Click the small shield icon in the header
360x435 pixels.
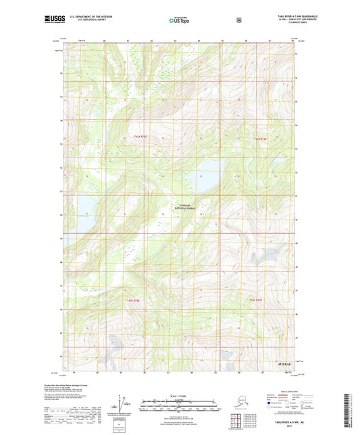pyautogui.click(x=238, y=20)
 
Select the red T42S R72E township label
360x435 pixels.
pyautogui.click(x=261, y=138)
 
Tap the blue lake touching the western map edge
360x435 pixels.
pyautogui.click(x=86, y=205)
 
